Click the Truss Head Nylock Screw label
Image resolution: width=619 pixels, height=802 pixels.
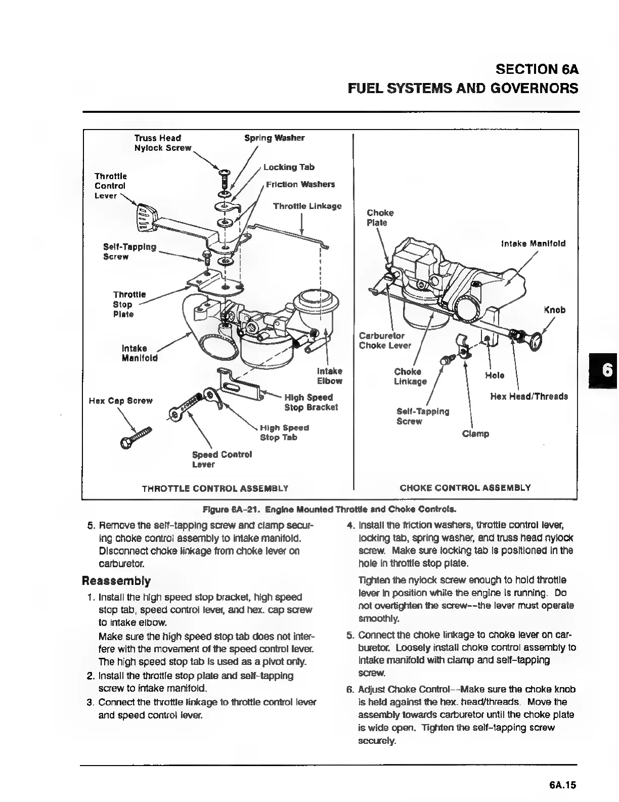coord(162,143)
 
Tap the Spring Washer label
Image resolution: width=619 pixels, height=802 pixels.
coord(274,138)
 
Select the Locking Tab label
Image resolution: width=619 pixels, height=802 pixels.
coord(289,167)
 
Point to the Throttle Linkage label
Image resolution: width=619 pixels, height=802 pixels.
coord(307,206)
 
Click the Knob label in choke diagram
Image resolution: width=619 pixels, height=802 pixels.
coord(554,310)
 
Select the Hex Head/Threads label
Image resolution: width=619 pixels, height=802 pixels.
coord(529,396)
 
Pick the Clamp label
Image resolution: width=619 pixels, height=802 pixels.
coord(475,434)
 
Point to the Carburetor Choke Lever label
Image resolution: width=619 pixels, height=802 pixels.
coord(384,341)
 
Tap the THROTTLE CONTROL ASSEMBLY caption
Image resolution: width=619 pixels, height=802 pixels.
coord(215,488)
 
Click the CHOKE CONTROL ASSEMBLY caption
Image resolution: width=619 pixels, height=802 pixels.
coord(465,488)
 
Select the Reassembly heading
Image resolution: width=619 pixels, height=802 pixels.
coord(116,580)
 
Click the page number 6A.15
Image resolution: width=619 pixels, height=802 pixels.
coord(562,785)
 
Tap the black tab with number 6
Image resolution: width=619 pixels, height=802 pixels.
coord(605,370)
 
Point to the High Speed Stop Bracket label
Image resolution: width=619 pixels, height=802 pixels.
coord(311,402)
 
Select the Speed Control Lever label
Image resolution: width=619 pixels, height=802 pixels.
coord(222,459)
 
